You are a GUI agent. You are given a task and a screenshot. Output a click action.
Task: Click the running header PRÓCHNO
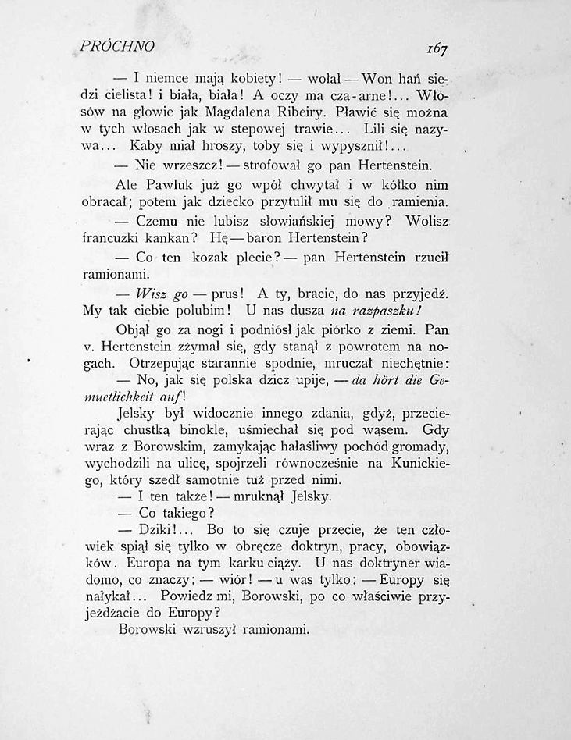point(117,47)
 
